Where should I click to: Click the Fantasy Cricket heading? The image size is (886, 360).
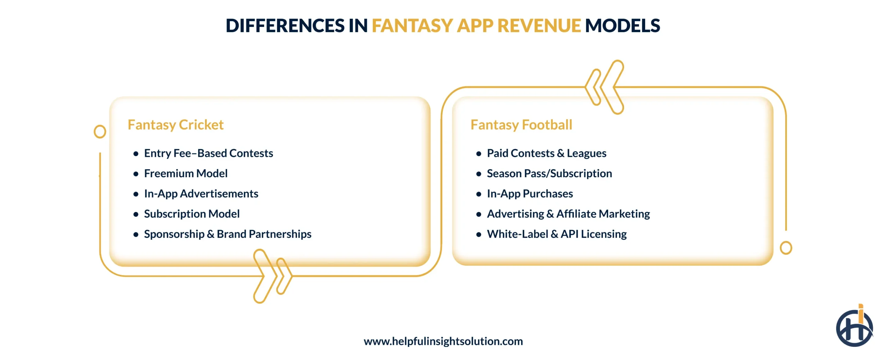click(x=175, y=125)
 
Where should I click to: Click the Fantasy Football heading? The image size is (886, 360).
click(x=521, y=125)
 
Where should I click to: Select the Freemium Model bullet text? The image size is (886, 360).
click(x=186, y=173)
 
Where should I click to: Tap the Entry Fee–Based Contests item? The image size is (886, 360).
click(x=208, y=153)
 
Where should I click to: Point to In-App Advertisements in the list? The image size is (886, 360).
click(x=201, y=193)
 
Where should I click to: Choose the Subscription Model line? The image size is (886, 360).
click(x=192, y=214)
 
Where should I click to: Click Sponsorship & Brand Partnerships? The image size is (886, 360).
click(x=227, y=234)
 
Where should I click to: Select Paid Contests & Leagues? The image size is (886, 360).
click(x=546, y=153)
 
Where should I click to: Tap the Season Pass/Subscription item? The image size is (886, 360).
click(x=549, y=173)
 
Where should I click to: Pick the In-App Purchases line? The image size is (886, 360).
click(x=530, y=193)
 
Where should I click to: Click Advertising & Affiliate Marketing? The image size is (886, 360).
click(x=568, y=214)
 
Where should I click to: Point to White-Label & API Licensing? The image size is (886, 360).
click(x=557, y=234)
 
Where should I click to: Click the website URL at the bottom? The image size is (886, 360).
click(x=443, y=341)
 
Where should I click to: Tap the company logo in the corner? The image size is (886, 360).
click(x=854, y=327)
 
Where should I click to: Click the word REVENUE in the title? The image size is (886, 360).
click(x=539, y=26)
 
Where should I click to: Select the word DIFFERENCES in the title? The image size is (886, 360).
click(x=285, y=26)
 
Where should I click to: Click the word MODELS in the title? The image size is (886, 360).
click(x=622, y=26)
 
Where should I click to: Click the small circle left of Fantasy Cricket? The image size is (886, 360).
click(x=100, y=132)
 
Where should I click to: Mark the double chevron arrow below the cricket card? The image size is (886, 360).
click(x=272, y=276)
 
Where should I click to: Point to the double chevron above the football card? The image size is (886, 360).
click(x=604, y=87)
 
